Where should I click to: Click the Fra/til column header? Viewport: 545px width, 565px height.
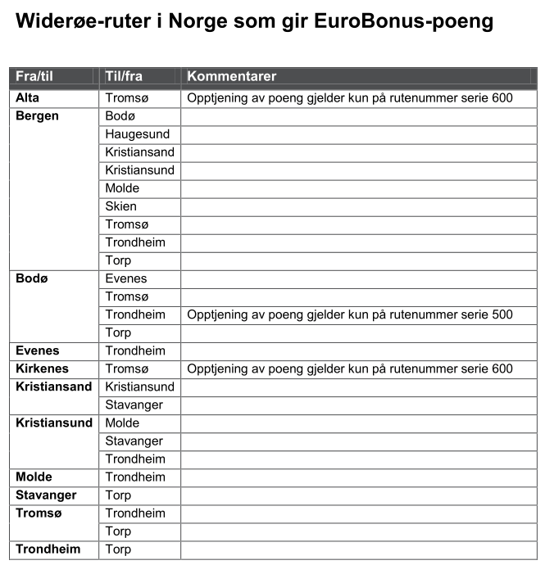[x=34, y=76]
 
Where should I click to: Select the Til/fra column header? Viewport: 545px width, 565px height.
[x=124, y=76]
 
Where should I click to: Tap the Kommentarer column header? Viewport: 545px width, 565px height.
[x=232, y=76]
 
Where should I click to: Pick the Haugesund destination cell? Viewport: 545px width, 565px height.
[x=138, y=134]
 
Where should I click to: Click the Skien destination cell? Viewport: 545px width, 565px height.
[x=121, y=206]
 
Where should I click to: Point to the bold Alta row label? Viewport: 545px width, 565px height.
[x=28, y=98]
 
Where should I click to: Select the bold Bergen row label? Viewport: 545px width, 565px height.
[x=38, y=116]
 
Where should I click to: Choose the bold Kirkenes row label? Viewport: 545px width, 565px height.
[x=43, y=368]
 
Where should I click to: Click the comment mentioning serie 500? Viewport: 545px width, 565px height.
[x=350, y=314]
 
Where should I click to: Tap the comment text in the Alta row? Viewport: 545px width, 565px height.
[x=350, y=98]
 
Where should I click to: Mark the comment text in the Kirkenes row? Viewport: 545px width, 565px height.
[x=350, y=368]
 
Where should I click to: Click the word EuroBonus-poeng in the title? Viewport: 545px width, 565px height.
[x=404, y=22]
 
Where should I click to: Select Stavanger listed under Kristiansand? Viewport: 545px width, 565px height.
[x=134, y=405]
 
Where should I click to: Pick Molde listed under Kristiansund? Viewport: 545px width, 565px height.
[x=122, y=423]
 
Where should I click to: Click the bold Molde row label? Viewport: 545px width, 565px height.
[x=34, y=477]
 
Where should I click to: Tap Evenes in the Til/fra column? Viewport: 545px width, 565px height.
[x=126, y=278]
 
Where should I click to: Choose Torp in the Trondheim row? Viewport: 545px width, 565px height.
[x=118, y=549]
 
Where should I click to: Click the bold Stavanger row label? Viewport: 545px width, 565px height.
[x=46, y=495]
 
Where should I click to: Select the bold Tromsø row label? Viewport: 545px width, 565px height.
[x=39, y=513]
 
